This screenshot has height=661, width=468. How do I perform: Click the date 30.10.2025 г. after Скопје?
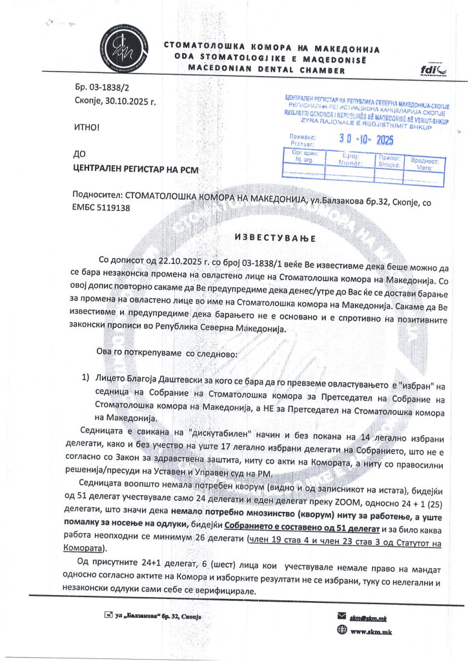(x=134, y=101)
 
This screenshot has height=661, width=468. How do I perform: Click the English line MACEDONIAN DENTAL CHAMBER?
(x=266, y=68)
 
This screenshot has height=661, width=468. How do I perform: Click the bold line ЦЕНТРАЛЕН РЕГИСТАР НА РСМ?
(x=134, y=170)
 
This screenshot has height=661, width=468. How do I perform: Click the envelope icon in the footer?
(x=343, y=617)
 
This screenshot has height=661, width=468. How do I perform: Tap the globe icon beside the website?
(x=342, y=631)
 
